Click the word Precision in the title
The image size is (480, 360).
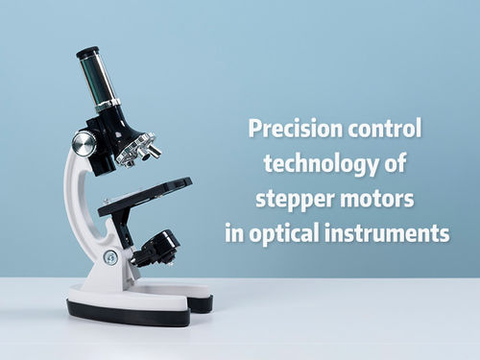pos(290,129)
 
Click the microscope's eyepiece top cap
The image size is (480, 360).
pos(87,52)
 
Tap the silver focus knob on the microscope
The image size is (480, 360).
pos(84,143)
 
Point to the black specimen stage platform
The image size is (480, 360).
pos(144,196)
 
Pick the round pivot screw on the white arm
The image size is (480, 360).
pos(110,257)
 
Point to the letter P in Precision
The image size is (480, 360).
pos(253,129)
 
